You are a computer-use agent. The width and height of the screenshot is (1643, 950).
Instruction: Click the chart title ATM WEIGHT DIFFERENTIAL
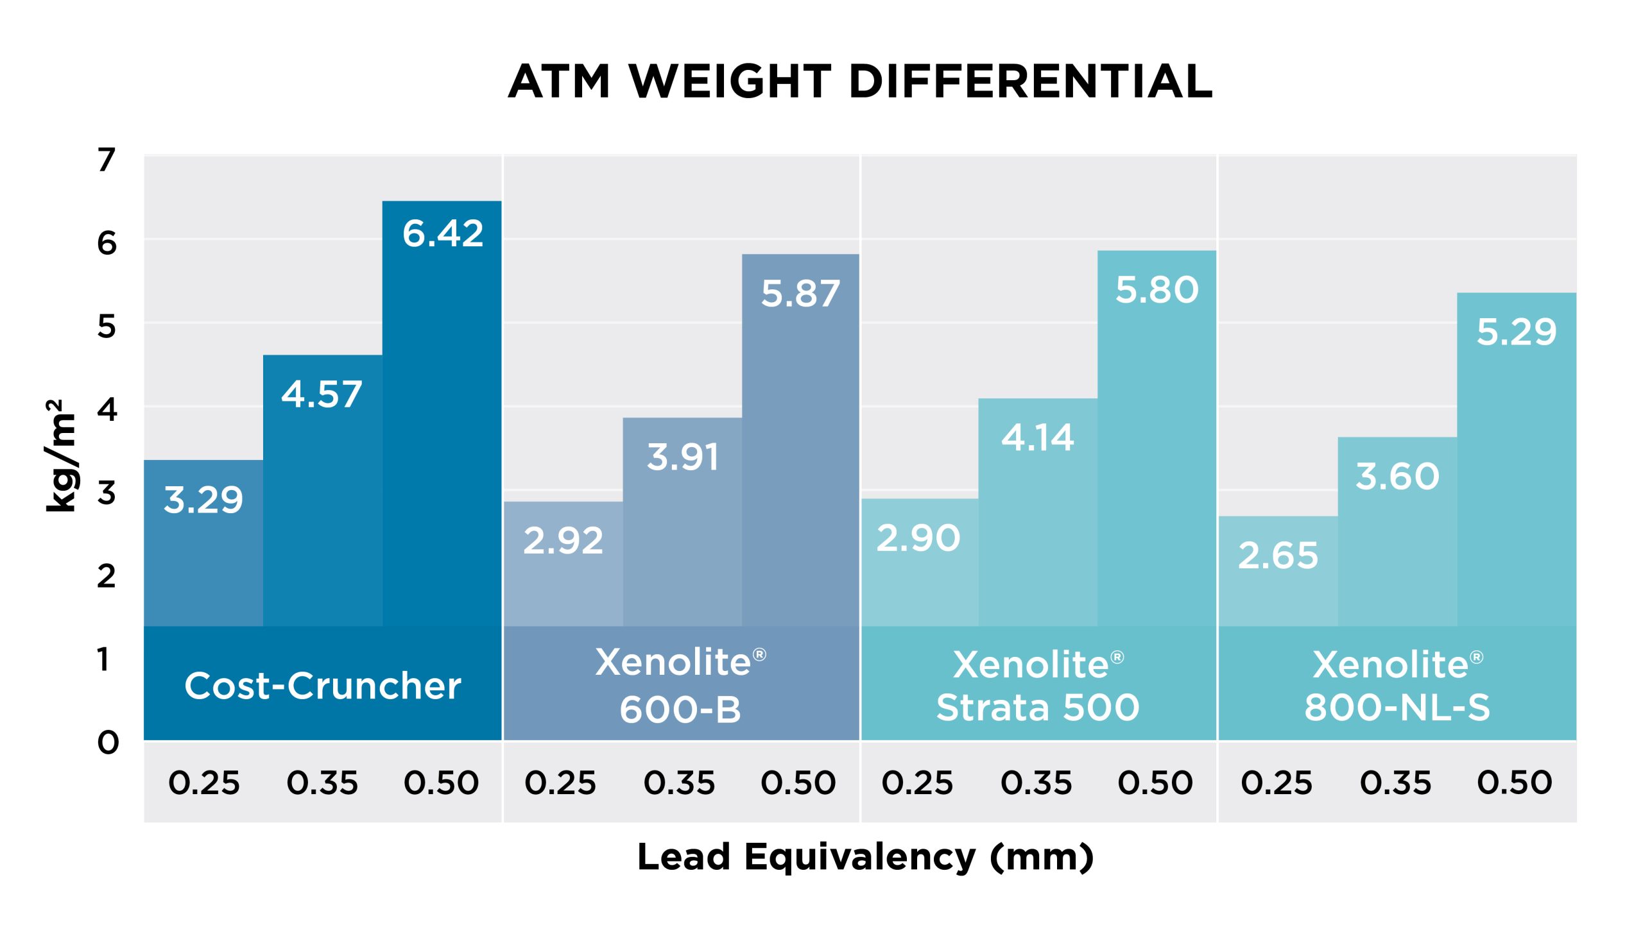pyautogui.click(x=860, y=83)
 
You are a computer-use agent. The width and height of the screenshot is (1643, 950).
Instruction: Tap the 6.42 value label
pyautogui.click(x=443, y=234)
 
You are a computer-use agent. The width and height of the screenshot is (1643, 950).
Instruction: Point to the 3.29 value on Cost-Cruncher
pyautogui.click(x=203, y=500)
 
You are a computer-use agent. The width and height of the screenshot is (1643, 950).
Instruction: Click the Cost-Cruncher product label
pyautogui.click(x=323, y=686)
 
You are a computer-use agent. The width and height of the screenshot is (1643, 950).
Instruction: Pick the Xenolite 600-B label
pyautogui.click(x=680, y=686)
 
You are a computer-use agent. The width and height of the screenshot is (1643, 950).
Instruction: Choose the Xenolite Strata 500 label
pyautogui.click(x=1037, y=686)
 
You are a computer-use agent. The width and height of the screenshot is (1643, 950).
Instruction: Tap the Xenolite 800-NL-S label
pyautogui.click(x=1397, y=686)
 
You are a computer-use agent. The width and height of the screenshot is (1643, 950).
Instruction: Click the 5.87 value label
pyautogui.click(x=800, y=294)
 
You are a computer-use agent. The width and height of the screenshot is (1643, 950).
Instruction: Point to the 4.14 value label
pyautogui.click(x=1037, y=438)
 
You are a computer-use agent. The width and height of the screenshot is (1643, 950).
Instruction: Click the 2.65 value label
pyautogui.click(x=1277, y=556)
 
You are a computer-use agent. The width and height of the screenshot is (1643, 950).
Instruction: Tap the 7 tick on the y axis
pyautogui.click(x=107, y=159)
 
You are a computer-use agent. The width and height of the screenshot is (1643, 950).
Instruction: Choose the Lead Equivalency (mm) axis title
pyautogui.click(x=865, y=858)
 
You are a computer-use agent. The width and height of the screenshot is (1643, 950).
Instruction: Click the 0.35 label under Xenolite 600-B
pyautogui.click(x=679, y=783)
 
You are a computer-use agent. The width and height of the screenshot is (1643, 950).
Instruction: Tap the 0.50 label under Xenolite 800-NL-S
pyautogui.click(x=1515, y=783)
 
